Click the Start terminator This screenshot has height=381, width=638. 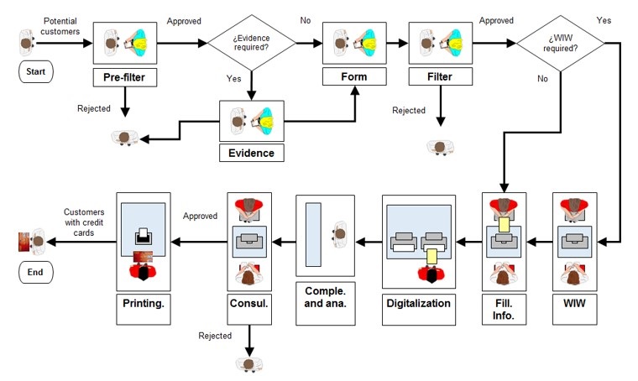click(36, 72)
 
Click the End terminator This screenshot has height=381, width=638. click(36, 273)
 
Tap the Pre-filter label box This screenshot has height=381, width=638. click(124, 77)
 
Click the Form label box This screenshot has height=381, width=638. click(354, 77)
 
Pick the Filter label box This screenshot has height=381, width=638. click(438, 77)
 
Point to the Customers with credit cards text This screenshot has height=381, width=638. click(83, 222)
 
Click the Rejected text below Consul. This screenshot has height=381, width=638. click(215, 336)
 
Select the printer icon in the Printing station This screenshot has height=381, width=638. click(144, 236)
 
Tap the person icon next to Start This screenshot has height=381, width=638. click(27, 41)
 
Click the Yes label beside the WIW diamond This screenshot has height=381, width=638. click(604, 19)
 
